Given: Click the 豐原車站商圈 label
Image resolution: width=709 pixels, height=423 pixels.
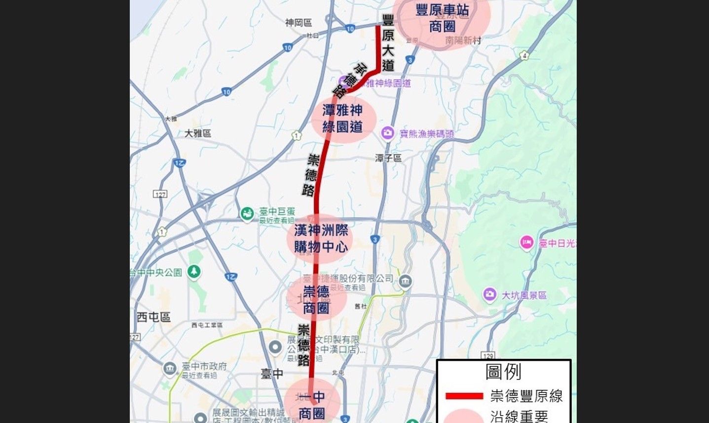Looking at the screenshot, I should [442, 18].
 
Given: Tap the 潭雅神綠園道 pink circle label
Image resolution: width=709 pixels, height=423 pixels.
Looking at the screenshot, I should [343, 119].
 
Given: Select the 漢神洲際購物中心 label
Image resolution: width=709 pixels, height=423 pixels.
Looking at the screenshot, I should [321, 238].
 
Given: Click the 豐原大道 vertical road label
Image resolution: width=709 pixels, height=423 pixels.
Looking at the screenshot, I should [388, 43].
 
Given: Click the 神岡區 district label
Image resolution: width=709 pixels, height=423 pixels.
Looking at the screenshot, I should [299, 23].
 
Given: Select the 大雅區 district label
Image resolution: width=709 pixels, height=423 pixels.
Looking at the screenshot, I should [198, 133].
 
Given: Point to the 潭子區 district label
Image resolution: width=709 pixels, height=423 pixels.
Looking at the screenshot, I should [388, 158].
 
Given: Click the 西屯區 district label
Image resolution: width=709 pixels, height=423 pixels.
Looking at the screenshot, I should [153, 317].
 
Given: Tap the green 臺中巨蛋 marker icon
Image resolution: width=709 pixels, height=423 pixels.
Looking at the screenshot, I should [247, 214].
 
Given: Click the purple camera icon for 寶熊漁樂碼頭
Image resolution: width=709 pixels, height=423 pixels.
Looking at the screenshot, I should [388, 133].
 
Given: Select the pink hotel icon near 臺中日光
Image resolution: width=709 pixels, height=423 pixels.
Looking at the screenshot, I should [526, 243].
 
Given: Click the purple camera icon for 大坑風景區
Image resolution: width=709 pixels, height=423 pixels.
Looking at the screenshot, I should [489, 295].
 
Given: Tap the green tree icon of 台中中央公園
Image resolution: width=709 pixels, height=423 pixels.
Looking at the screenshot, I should [194, 272].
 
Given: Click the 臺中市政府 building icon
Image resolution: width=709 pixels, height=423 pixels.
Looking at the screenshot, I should [169, 369].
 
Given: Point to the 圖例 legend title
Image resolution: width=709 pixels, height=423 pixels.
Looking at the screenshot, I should [503, 372].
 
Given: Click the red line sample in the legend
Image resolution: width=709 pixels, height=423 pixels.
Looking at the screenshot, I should [464, 396].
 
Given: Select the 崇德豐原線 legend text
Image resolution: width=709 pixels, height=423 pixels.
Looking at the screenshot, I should [526, 396].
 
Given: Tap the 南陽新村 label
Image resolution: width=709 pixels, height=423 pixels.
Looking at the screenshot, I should [463, 41].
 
